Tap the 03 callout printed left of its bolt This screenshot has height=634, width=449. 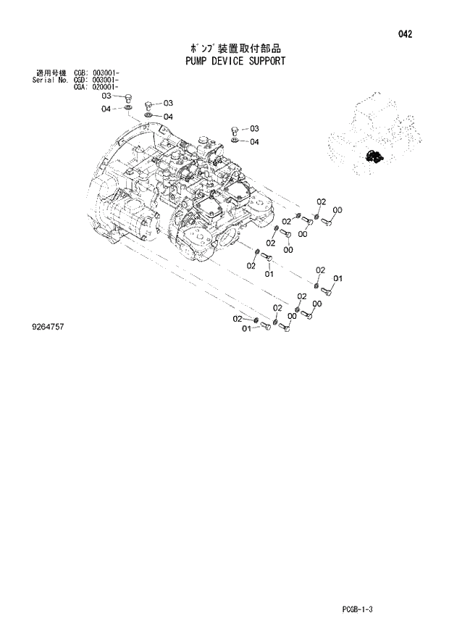click(106, 96)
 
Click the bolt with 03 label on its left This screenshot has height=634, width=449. click(127, 97)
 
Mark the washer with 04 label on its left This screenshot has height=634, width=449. click(127, 109)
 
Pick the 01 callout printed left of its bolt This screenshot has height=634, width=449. click(246, 329)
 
